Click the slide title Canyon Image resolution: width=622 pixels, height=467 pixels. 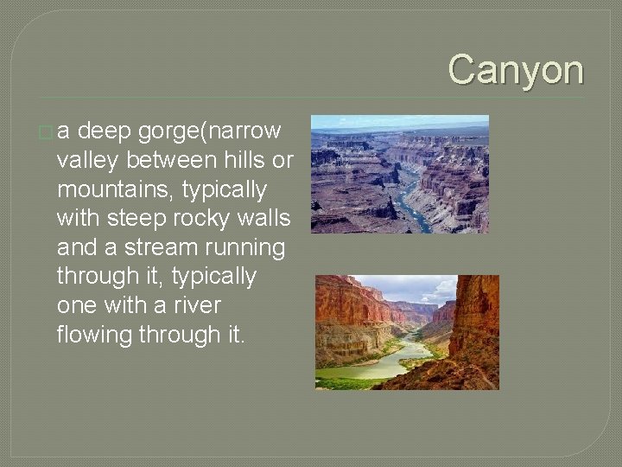(516, 69)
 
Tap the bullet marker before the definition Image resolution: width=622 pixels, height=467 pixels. (45, 132)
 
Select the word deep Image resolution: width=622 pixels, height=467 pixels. (116, 131)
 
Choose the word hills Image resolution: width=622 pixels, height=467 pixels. (250, 160)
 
